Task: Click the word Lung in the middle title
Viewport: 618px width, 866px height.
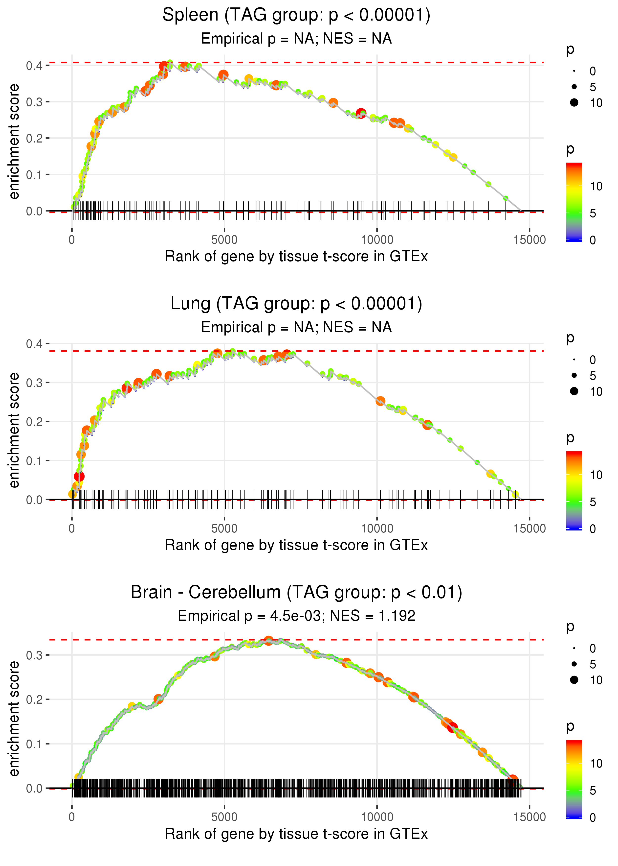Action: tap(190, 304)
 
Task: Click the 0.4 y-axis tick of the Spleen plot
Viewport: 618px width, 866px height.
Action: tap(34, 66)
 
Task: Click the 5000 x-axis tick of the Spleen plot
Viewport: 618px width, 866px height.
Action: tap(224, 240)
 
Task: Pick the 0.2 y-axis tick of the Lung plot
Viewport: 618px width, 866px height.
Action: tap(34, 422)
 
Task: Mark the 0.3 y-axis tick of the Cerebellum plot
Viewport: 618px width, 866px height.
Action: tap(34, 655)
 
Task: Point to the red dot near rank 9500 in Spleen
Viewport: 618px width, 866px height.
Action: tap(361, 113)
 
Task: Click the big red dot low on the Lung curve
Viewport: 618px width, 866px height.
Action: tap(79, 476)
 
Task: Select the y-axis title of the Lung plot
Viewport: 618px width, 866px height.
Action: tap(14, 430)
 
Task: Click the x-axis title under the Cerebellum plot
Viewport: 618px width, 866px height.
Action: tap(296, 834)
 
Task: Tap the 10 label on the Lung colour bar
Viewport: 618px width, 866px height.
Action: tap(596, 475)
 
